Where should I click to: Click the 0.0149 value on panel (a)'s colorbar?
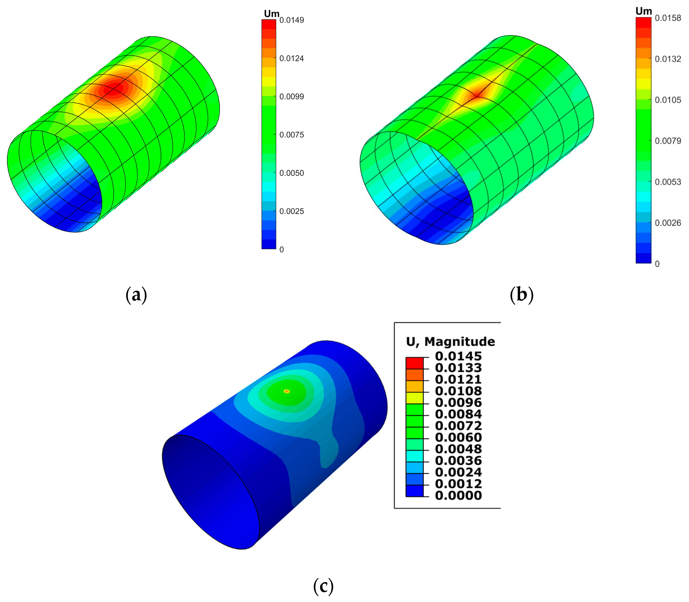click(291, 20)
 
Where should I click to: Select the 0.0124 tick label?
click(291, 58)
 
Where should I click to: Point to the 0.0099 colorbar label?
click(291, 97)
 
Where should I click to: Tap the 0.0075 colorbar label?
click(291, 135)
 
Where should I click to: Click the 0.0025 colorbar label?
click(291, 211)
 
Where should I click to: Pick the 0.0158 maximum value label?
click(668, 18)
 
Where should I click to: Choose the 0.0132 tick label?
click(668, 59)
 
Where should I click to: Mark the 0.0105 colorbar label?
click(668, 100)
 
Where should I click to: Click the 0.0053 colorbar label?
click(668, 182)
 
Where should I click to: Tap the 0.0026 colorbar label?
click(668, 223)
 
